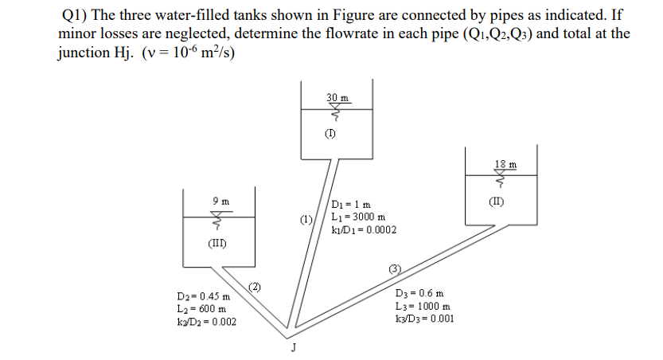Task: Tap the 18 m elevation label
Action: click(x=505, y=164)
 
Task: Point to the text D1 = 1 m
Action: click(x=350, y=205)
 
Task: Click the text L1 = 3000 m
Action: click(x=358, y=217)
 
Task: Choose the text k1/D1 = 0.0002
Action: click(x=363, y=230)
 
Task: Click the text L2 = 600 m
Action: click(x=205, y=309)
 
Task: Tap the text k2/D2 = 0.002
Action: click(x=209, y=322)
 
